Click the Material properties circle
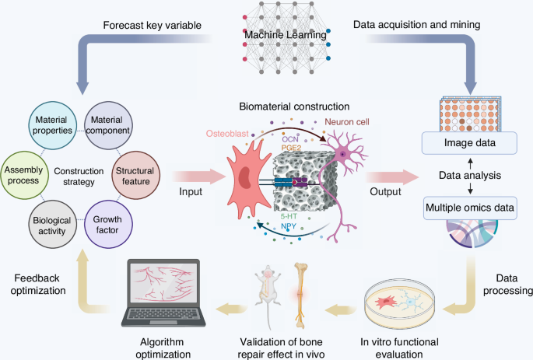53,127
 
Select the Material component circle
108,127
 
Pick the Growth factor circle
108,220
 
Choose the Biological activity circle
53,220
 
